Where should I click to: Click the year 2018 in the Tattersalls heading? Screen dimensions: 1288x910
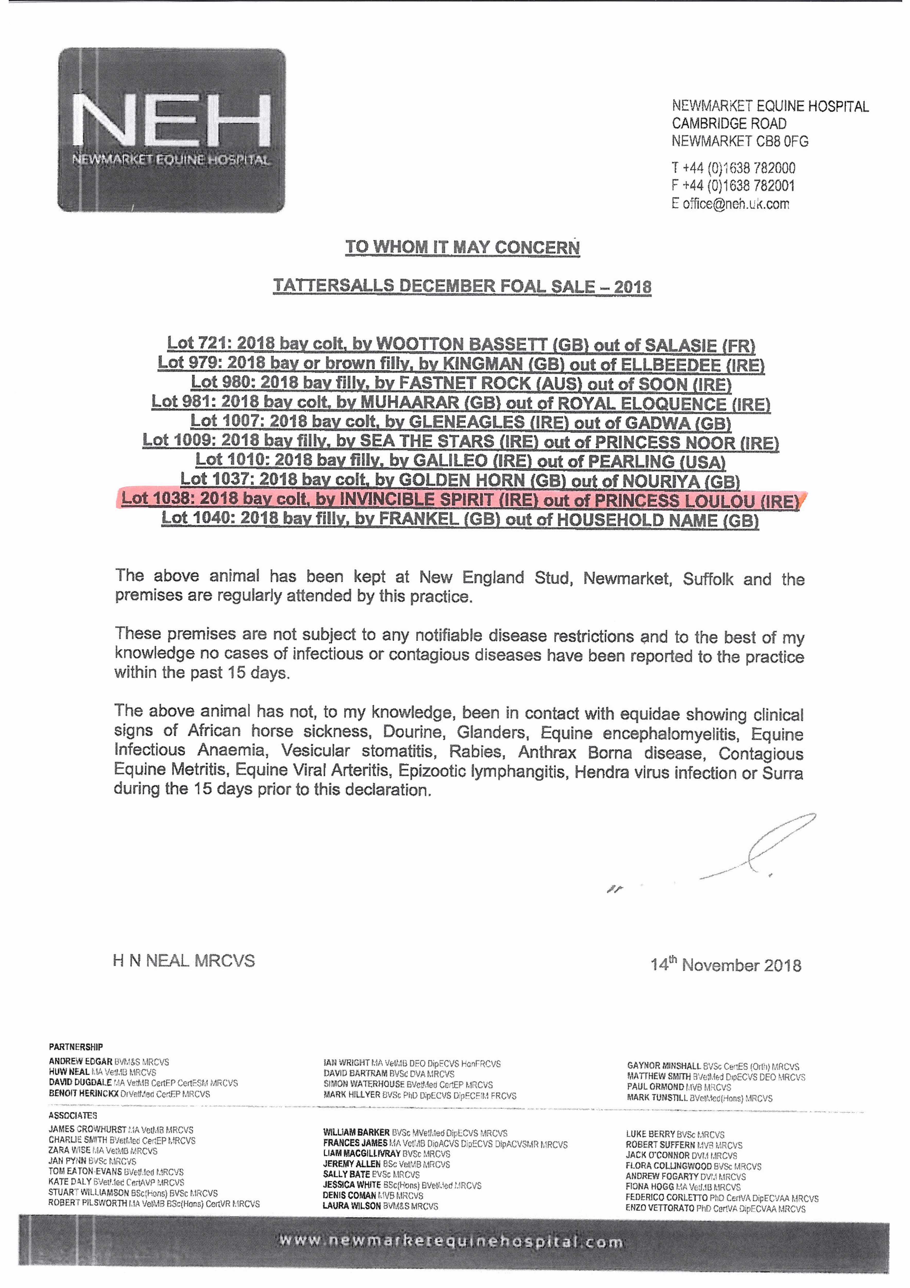[x=632, y=287]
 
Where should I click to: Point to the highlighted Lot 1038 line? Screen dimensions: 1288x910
[x=460, y=499]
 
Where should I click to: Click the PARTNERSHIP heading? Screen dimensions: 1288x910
[x=76, y=1047]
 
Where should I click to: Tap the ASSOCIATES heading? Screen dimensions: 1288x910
[x=73, y=1115]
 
